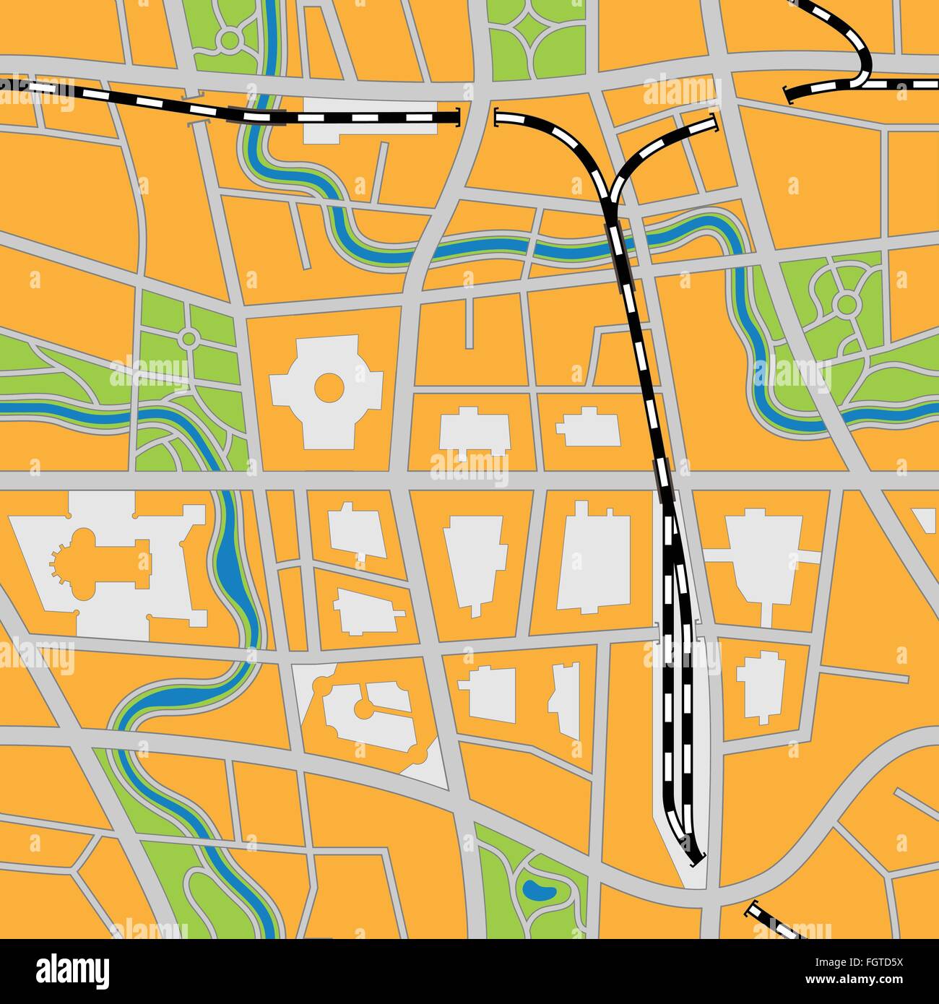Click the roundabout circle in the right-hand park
click(846, 303)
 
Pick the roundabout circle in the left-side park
click(189, 337)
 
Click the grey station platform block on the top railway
click(372, 119)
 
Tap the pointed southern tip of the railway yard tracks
click(696, 860)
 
